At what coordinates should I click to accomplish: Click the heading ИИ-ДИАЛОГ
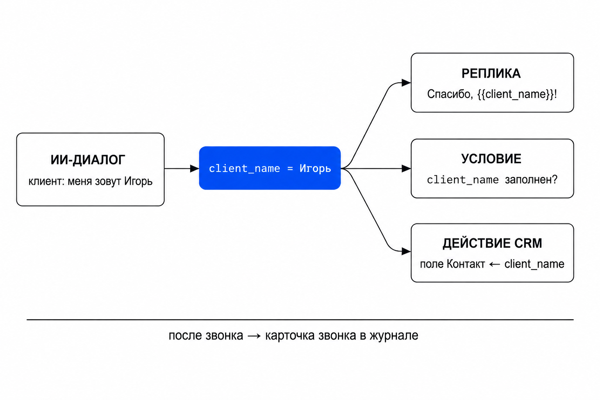click(x=88, y=160)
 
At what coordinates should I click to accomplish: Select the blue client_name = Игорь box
click(x=270, y=168)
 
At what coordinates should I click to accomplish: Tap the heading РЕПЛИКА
click(x=491, y=74)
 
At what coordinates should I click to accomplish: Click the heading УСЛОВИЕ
click(x=491, y=159)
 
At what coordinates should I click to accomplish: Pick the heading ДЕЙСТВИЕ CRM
click(x=492, y=243)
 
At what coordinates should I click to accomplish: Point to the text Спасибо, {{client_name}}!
click(x=492, y=94)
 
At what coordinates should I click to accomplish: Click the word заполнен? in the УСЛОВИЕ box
click(x=531, y=180)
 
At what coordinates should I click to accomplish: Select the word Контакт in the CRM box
click(x=466, y=264)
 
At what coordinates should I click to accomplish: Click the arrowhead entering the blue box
click(x=195, y=168)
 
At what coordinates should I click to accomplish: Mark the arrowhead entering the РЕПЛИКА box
click(x=406, y=83)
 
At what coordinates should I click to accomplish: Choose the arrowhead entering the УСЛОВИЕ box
click(x=406, y=168)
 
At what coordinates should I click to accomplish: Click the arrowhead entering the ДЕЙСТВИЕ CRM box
click(x=406, y=251)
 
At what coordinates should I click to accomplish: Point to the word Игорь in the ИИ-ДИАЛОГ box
click(x=138, y=182)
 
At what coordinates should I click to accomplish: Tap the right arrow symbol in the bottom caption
click(x=254, y=336)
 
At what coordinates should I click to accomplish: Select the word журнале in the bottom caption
click(x=394, y=336)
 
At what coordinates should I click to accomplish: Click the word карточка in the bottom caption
click(x=290, y=336)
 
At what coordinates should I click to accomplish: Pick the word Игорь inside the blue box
click(x=315, y=169)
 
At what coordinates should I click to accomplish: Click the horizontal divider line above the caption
click(x=300, y=320)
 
